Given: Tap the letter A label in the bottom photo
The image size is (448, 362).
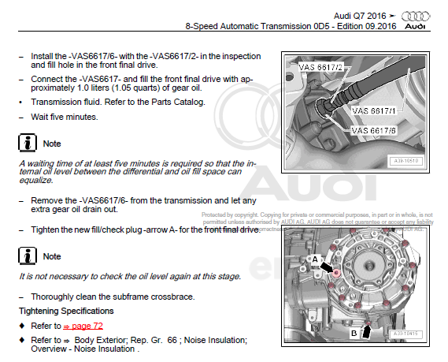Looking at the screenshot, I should click(x=316, y=258).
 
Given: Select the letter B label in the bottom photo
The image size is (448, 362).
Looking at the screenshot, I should click(x=355, y=332).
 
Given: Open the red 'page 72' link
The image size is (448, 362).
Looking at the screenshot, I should click(x=84, y=326).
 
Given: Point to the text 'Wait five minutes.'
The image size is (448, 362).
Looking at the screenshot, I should click(x=65, y=117).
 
